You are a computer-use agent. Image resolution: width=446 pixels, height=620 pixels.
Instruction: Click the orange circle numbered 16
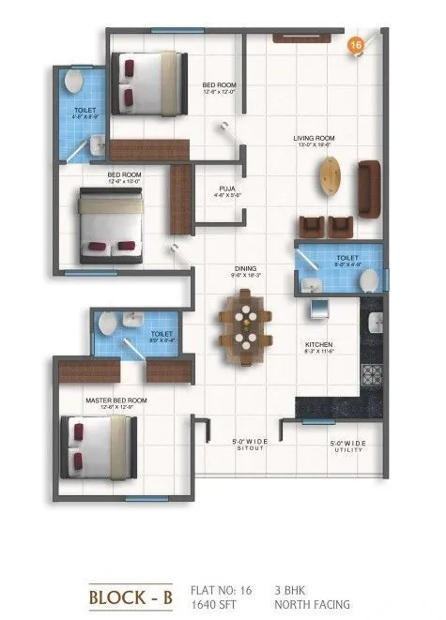356,45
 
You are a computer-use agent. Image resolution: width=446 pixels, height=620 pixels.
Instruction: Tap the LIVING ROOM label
315,139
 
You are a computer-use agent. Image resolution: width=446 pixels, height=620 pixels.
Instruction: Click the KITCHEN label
319,344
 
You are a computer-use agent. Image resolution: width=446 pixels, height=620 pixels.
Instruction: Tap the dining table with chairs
246,325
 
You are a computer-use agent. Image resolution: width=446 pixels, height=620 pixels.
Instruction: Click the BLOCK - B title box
128,596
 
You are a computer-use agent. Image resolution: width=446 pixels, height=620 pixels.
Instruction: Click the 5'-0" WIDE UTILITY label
348,446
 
